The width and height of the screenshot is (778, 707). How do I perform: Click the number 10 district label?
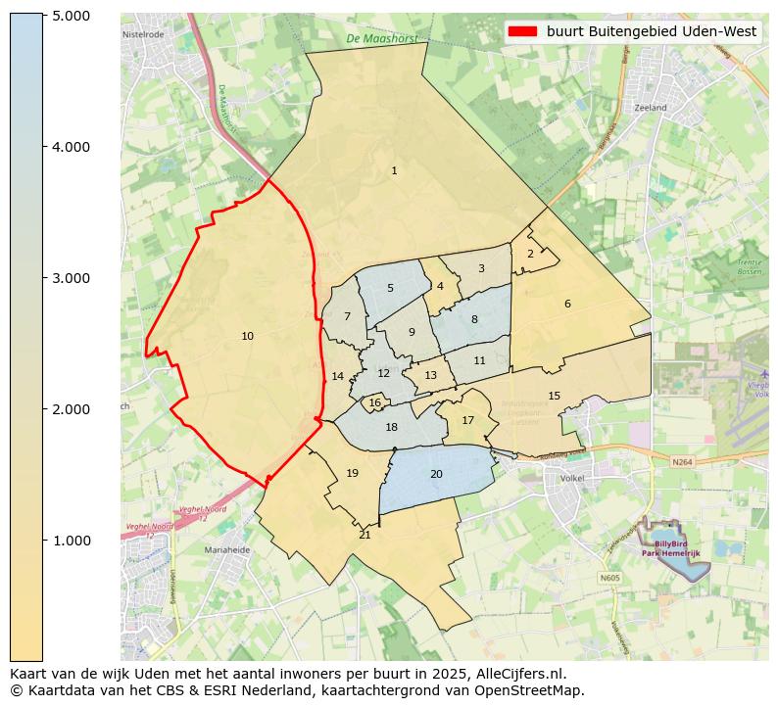pyautogui.click(x=247, y=337)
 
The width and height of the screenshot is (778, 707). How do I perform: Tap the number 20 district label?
pyautogui.click(x=436, y=474)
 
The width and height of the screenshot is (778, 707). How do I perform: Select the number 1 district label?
pyautogui.click(x=394, y=171)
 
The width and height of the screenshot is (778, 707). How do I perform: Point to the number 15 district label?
pyautogui.click(x=554, y=396)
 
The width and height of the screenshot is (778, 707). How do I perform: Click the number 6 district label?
pyautogui.click(x=567, y=304)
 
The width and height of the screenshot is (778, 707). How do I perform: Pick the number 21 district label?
pyautogui.click(x=365, y=535)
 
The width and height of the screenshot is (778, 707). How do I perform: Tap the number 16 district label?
pyautogui.click(x=374, y=402)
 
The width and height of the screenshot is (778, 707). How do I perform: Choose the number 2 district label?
pyautogui.click(x=530, y=254)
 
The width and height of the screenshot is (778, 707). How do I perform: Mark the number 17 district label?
pyautogui.click(x=467, y=420)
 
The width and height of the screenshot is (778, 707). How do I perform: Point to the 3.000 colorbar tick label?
pyautogui.click(x=71, y=278)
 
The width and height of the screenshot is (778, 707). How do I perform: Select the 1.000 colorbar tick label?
pyautogui.click(x=71, y=541)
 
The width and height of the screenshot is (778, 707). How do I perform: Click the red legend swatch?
pyautogui.click(x=523, y=31)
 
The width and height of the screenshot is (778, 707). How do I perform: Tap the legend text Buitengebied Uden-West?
pyautogui.click(x=652, y=31)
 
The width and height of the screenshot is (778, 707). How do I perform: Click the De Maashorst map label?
pyautogui.click(x=381, y=39)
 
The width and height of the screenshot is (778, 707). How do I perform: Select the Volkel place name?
pyautogui.click(x=571, y=479)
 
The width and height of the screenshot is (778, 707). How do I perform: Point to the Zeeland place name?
pyautogui.click(x=650, y=108)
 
